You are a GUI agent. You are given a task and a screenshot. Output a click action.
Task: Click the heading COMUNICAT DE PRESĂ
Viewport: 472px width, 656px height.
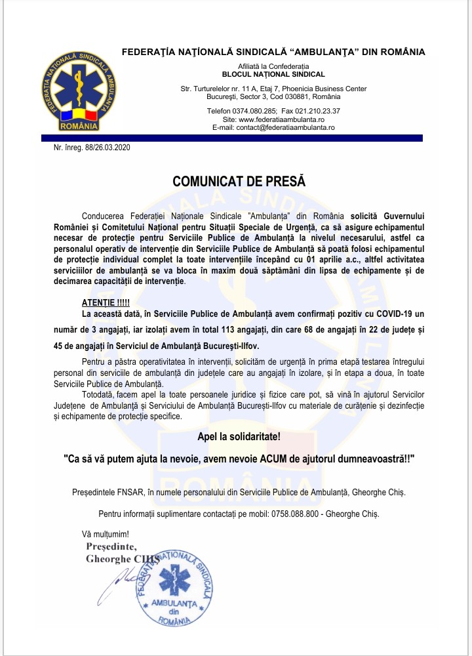tap(239, 181)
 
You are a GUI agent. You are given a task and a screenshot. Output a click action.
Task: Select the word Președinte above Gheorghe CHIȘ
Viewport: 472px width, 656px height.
tap(111, 547)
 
